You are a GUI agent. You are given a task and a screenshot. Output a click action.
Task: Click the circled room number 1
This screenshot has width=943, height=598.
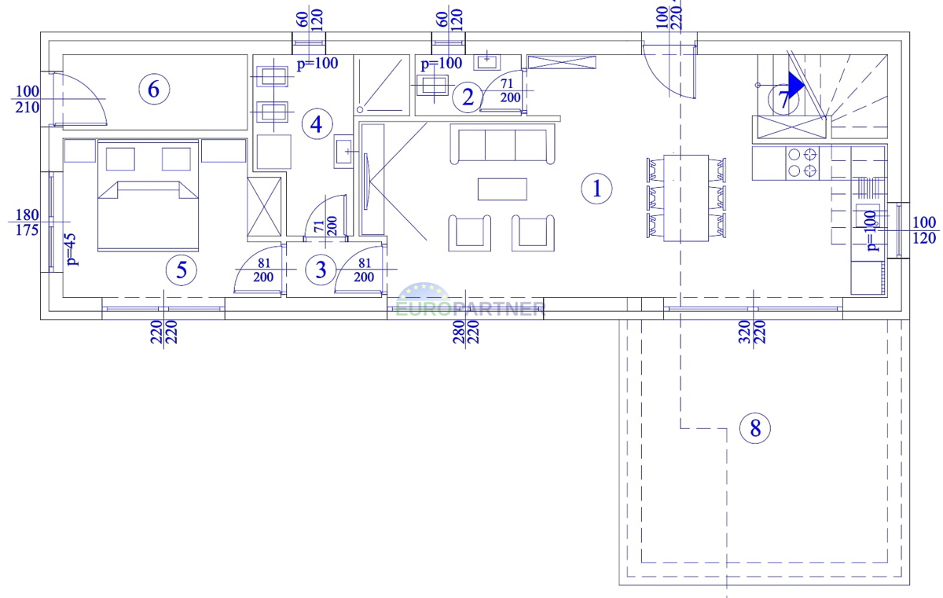tap(596, 189)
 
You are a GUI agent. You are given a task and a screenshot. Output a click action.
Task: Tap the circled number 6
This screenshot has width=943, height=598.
tap(154, 90)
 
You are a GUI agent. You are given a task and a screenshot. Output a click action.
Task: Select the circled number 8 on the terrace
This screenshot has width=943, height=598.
tap(755, 428)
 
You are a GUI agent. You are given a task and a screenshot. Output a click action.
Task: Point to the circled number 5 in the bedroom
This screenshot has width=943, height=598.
tap(182, 270)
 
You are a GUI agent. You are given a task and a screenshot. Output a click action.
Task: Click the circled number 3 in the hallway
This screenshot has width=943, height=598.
tap(321, 270)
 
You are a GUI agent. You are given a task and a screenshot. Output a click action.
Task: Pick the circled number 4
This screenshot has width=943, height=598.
tap(317, 124)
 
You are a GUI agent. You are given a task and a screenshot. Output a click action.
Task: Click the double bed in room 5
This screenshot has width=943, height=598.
tap(148, 196)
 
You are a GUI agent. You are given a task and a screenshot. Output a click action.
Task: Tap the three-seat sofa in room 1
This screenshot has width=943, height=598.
tap(502, 144)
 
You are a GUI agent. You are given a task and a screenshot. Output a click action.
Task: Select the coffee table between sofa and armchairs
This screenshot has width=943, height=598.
tap(502, 189)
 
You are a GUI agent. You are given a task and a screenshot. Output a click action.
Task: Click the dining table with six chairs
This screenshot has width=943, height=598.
tap(686, 198)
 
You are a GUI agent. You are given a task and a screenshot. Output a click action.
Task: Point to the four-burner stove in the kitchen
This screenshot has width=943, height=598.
tap(802, 163)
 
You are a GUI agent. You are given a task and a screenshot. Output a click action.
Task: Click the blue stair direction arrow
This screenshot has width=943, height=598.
tap(796, 86)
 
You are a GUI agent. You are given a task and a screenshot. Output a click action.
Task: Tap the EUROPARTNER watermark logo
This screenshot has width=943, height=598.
tap(470, 301)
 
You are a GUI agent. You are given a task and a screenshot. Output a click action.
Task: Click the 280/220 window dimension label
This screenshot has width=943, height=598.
tap(465, 332)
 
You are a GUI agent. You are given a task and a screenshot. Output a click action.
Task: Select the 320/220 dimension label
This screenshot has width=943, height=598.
tap(752, 332)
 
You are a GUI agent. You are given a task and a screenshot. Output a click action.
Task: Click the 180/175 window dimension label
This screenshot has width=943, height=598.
tap(27, 222)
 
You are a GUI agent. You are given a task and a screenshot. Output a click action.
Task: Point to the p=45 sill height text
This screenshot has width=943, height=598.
tap(72, 250)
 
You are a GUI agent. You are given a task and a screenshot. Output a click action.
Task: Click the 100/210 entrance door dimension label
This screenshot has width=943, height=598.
tap(28, 99)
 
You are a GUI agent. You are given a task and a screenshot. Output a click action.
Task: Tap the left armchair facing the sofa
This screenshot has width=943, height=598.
tap(469, 233)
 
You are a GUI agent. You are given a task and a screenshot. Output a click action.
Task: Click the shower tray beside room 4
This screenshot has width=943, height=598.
tap(381, 85)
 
